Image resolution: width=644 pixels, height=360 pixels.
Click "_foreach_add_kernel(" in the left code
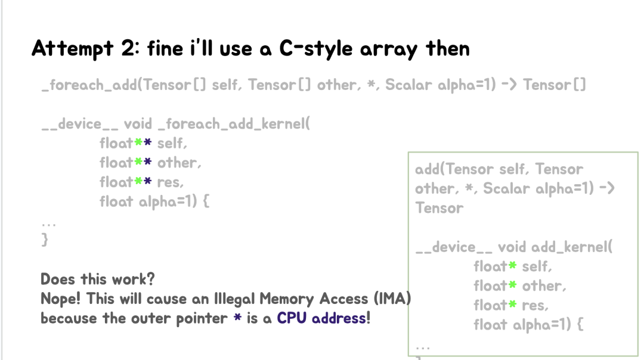coord(234,124)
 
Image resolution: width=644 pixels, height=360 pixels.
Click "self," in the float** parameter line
coord(172,144)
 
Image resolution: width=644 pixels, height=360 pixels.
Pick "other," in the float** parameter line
coord(179,163)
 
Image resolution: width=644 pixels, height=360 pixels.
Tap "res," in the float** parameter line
coord(170,182)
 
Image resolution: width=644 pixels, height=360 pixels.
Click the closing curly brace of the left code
coord(45,240)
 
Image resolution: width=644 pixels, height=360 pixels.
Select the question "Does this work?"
coord(97,279)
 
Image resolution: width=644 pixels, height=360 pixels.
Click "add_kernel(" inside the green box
coord(571,247)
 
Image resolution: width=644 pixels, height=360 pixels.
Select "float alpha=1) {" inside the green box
coord(528,325)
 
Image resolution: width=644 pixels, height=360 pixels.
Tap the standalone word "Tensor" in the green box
coord(439,208)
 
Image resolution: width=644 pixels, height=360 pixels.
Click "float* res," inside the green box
coord(510,305)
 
